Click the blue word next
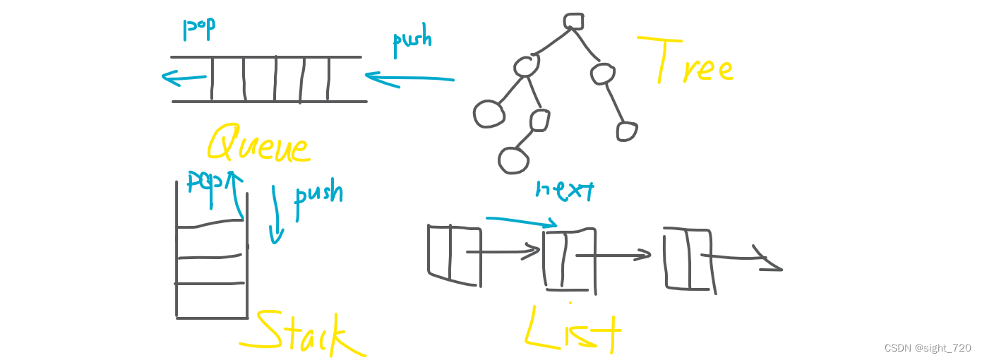(x=565, y=190)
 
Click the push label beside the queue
(x=412, y=39)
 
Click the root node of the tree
(x=573, y=21)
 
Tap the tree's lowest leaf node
(x=513, y=160)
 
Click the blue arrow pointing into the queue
(x=409, y=78)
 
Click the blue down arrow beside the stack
(x=276, y=215)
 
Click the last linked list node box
(x=689, y=259)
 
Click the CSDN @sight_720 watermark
(x=927, y=348)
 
